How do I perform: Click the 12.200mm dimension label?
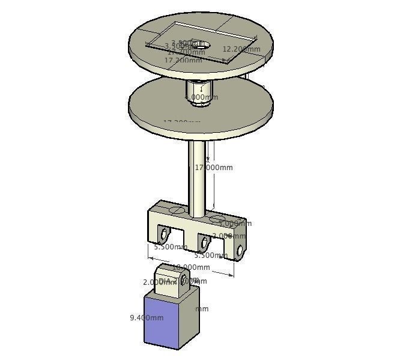[x=241, y=49]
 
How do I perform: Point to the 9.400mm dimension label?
[x=147, y=318]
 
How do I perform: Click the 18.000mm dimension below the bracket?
[x=192, y=267]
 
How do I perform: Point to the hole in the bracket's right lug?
[x=240, y=250]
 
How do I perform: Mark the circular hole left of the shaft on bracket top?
[x=177, y=210]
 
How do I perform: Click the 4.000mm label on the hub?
[x=202, y=97]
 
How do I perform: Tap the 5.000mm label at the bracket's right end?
[x=235, y=224]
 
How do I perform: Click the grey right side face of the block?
[x=189, y=319]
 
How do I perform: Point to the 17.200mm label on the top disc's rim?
[x=183, y=61]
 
